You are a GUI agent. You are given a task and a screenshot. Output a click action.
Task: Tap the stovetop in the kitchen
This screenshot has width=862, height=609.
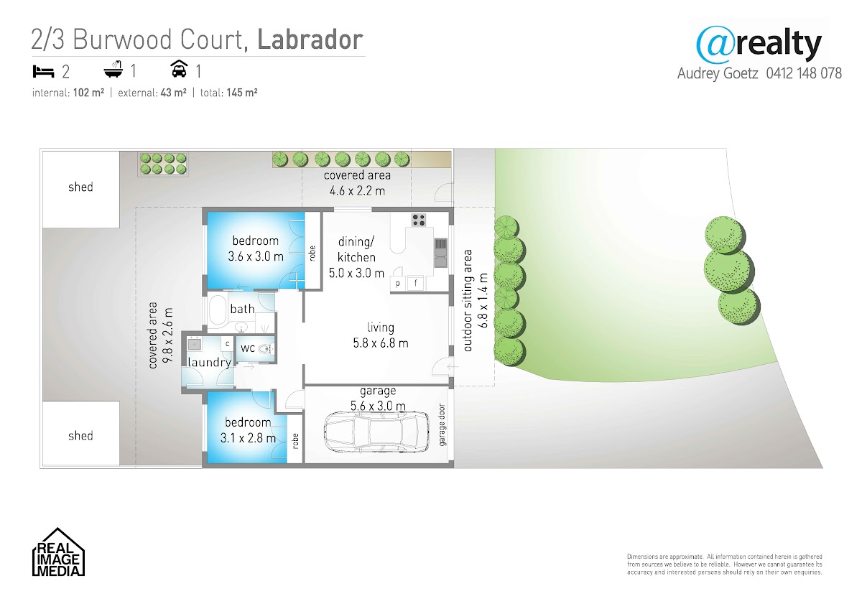(x=418, y=220)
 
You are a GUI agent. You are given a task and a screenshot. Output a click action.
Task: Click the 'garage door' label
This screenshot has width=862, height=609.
(x=442, y=424)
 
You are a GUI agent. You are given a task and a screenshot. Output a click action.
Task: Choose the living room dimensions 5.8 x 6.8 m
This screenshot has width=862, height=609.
(x=381, y=343)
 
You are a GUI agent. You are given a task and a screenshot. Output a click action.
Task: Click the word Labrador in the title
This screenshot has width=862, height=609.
(x=310, y=39)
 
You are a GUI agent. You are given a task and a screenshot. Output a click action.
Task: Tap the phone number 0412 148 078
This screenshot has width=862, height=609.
(x=804, y=73)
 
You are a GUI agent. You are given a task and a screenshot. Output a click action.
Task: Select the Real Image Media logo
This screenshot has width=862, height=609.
(x=58, y=552)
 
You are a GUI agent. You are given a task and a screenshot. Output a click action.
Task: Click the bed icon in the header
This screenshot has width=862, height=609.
(x=43, y=72)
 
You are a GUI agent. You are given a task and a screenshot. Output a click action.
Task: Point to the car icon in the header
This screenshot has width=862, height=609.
(x=179, y=69)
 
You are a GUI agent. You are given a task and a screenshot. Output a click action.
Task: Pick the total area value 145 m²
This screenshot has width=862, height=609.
(x=241, y=93)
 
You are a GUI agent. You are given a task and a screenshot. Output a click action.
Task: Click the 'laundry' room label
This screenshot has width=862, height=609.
(x=209, y=363)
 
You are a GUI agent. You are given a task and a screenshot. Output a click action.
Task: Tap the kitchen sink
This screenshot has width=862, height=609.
(x=441, y=253)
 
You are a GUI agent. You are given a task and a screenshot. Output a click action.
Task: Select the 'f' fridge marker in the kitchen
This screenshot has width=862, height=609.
(x=416, y=284)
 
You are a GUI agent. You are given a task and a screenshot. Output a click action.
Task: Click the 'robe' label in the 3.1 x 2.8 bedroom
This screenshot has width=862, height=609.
(x=295, y=441)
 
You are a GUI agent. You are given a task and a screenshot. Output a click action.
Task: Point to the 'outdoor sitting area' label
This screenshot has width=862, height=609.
(x=468, y=301)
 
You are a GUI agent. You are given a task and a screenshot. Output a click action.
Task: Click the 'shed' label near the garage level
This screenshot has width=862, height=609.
(x=80, y=435)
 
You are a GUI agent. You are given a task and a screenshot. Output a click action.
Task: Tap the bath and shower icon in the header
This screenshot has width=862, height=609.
(x=113, y=69)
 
